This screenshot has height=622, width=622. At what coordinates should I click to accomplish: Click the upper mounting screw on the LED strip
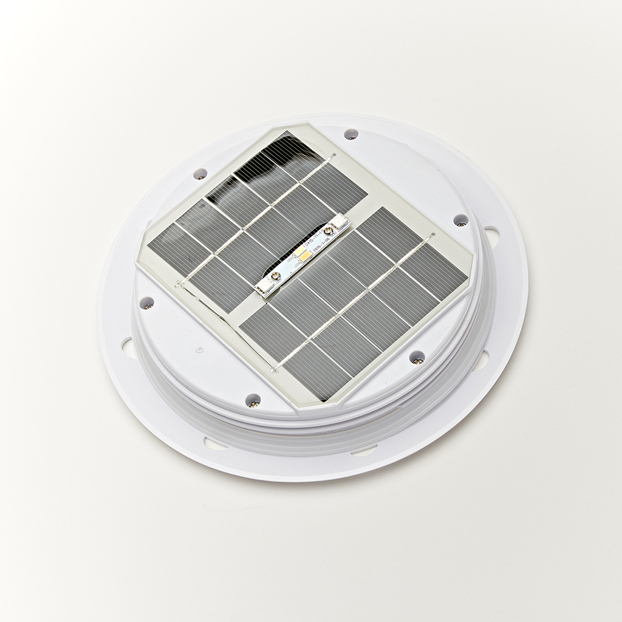[328, 231]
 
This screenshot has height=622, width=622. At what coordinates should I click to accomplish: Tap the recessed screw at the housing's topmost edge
[351, 135]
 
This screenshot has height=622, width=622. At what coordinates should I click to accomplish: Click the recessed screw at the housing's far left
[147, 303]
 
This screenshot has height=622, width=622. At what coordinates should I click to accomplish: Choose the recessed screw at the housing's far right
[461, 220]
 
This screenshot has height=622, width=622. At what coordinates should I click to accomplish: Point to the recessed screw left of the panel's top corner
[201, 173]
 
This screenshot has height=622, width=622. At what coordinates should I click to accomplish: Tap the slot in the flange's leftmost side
[127, 347]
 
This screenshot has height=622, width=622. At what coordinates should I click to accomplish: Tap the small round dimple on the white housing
[199, 348]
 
